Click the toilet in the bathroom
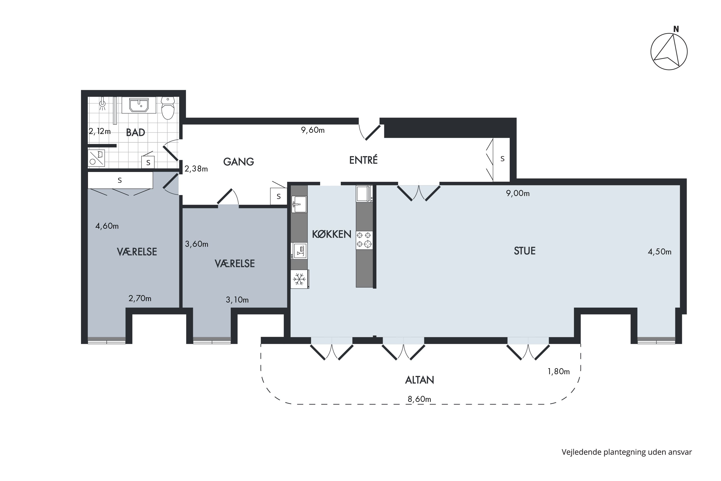tap(168, 108)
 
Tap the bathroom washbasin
tap(139, 105)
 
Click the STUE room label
tap(524, 251)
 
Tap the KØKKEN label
tap(331, 234)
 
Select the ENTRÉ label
tap(363, 160)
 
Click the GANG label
tap(238, 162)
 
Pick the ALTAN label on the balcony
tap(419, 380)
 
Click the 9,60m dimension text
tap(313, 130)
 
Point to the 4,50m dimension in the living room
tap(659, 252)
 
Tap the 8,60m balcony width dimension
tap(419, 399)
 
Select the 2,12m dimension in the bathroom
tap(100, 131)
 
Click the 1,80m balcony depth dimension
tap(559, 372)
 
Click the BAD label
tap(136, 133)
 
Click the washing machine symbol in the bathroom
tap(96, 158)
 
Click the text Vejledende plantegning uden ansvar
tap(627, 452)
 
